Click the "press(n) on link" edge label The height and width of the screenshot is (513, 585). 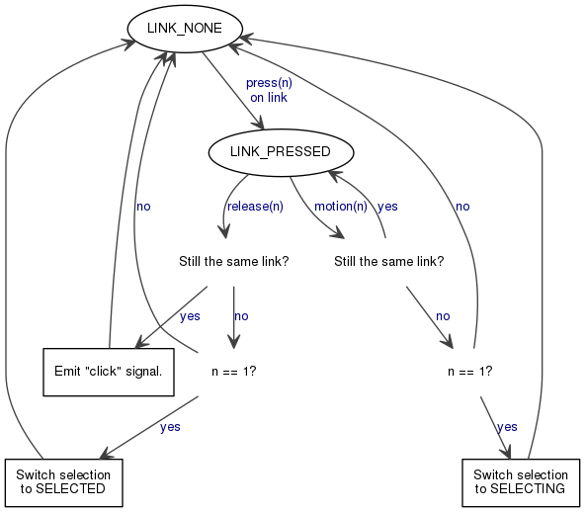[x=269, y=90]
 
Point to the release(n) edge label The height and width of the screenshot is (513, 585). [x=255, y=207]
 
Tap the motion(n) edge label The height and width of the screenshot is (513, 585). [x=341, y=207]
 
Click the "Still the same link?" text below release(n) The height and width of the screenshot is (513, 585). [x=234, y=261]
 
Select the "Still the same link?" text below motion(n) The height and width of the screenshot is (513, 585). [x=389, y=261]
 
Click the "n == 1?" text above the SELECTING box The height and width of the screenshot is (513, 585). [x=470, y=372]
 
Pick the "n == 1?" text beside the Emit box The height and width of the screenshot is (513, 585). [x=234, y=372]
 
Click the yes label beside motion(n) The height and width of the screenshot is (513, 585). [x=387, y=207]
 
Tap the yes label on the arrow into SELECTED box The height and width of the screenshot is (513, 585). [x=170, y=427]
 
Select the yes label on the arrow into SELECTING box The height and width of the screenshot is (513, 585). [x=507, y=427]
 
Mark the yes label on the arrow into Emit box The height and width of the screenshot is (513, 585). [x=190, y=316]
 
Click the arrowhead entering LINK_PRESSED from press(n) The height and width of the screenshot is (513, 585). [x=259, y=124]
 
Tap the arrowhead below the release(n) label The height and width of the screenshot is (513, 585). [x=224, y=232]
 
